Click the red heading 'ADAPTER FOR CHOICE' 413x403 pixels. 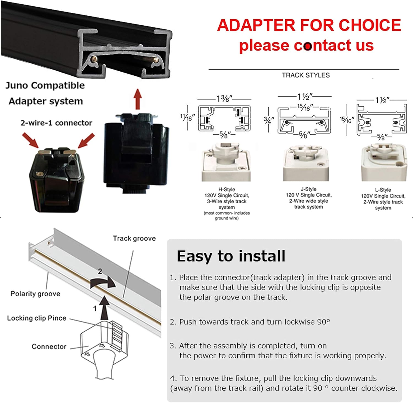[x=309, y=25]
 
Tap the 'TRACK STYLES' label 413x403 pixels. [x=306, y=75]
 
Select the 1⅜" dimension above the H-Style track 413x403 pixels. [x=224, y=98]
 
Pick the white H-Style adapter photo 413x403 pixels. [x=226, y=162]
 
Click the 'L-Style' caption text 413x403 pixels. [x=383, y=190]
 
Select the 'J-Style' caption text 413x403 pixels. [x=309, y=189]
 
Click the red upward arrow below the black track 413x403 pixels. [x=138, y=99]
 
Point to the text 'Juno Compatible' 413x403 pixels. [x=45, y=85]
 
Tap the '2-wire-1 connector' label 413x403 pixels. [x=56, y=123]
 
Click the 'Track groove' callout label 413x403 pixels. [x=134, y=239]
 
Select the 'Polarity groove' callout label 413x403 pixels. [x=35, y=294]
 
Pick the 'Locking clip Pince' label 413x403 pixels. [x=37, y=318]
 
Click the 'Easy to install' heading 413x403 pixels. [x=231, y=256]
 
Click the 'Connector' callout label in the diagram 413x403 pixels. [x=49, y=347]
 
